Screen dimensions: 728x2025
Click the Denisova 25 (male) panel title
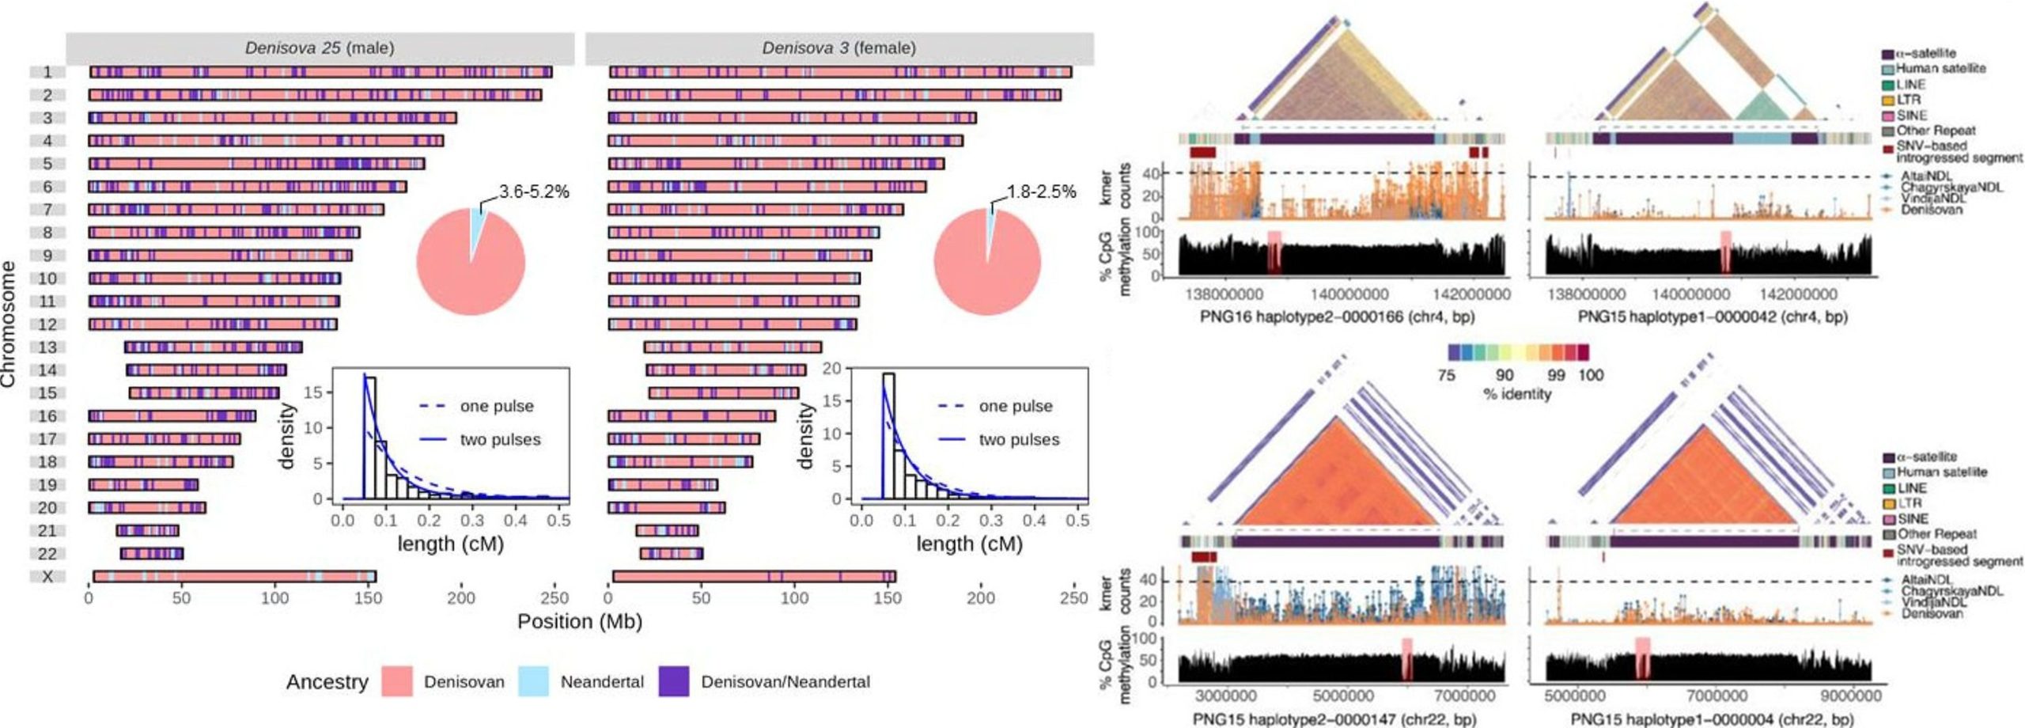[x=319, y=48]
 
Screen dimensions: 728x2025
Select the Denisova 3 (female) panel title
[x=838, y=48]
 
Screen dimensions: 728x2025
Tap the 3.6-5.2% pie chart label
[x=534, y=192]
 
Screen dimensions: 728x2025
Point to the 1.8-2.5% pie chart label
[x=1041, y=192]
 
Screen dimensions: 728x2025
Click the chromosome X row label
[x=47, y=577]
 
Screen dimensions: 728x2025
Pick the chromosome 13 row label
[x=47, y=347]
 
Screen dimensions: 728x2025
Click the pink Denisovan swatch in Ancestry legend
[x=396, y=682]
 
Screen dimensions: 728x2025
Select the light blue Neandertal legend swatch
[x=533, y=682]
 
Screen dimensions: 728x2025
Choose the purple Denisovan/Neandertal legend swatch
[x=674, y=682]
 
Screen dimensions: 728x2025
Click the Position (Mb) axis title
[x=579, y=622]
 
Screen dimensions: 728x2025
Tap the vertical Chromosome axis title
[x=9, y=324]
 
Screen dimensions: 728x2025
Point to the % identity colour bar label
[x=1516, y=394]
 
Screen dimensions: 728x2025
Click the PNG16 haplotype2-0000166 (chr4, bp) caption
[x=1337, y=317]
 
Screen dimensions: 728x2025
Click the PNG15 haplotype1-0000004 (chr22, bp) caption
[x=1711, y=719]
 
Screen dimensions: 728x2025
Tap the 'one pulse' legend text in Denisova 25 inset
[x=497, y=407]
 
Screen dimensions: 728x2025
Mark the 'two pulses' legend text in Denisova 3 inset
[x=1019, y=440]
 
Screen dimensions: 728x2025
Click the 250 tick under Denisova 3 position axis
[x=1073, y=598]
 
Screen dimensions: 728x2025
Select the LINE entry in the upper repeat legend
[x=1910, y=85]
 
